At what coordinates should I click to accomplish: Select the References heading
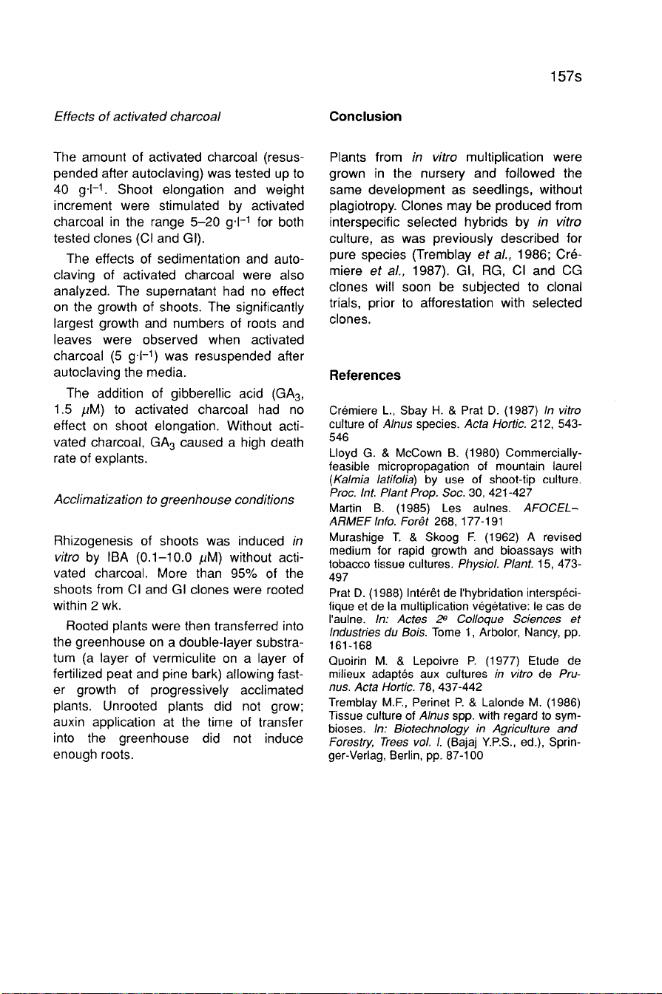365,375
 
